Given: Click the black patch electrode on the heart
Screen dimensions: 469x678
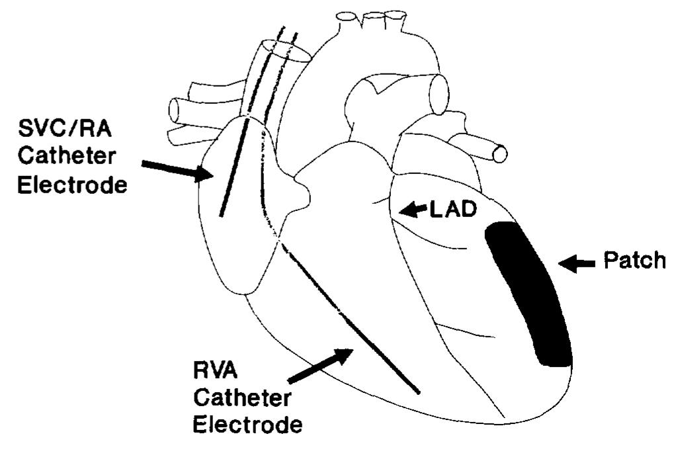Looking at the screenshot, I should click(x=529, y=294).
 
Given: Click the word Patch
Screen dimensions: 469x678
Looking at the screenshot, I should click(x=634, y=261).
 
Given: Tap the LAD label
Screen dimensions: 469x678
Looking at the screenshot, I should click(x=455, y=210).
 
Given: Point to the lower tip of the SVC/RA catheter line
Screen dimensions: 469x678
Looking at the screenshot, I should click(x=220, y=215).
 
